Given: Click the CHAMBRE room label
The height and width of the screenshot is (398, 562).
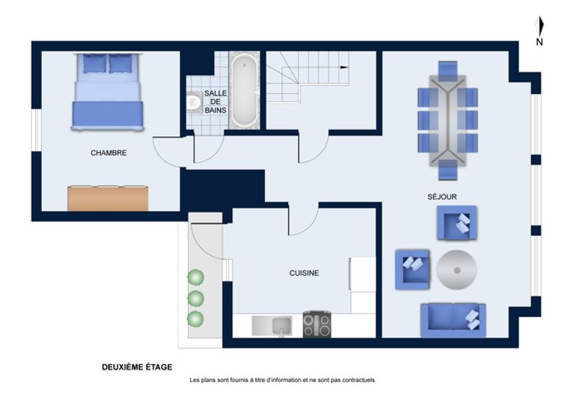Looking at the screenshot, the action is pos(108,153).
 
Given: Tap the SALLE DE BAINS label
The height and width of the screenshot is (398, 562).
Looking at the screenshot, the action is pos(215,102).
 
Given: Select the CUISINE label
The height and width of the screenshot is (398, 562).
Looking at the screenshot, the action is pos(304,273).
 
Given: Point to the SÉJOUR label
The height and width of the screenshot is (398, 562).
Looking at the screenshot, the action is pos(442,196).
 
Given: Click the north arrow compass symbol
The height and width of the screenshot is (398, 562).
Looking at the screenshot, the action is pos(539,31).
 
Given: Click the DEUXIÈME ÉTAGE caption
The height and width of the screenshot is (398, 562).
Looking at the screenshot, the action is pos(137,367).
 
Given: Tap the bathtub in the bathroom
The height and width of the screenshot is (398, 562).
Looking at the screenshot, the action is pos(244,90).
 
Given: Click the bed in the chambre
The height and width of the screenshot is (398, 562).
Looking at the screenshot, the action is pos(108,92).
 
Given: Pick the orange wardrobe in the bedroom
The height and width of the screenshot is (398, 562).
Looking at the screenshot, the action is pos(108,198).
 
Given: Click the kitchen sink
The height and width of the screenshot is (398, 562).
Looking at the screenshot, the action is pos(272,325).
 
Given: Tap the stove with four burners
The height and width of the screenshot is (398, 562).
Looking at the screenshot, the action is pos(317,325).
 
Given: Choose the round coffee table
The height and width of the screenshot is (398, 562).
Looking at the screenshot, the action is pos(457,270).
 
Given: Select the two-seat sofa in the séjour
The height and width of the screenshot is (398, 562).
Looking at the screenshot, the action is pos(453,320).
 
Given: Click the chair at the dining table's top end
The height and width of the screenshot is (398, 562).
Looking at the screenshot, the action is pos(447,71).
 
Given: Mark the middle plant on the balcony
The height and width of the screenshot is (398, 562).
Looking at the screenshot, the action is pos(195,299).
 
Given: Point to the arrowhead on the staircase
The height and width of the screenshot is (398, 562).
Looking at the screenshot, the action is pos(344,67).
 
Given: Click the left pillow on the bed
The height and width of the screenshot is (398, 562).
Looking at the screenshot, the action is pos(95,64).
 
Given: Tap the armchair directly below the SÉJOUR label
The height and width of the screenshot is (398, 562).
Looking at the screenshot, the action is pos(457,222).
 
